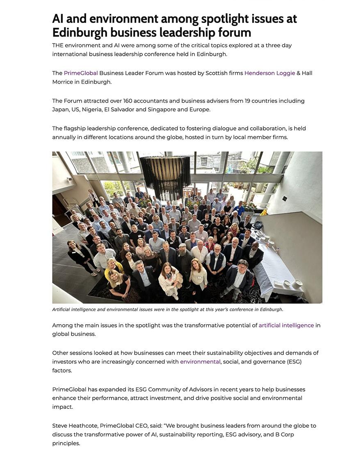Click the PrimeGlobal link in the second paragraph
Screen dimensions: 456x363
click(81, 73)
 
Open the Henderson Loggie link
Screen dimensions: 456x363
click(269, 73)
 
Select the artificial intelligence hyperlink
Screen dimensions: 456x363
click(286, 325)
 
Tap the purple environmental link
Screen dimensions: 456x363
click(200, 362)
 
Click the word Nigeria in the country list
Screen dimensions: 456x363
click(92, 109)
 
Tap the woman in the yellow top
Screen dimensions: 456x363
click(112, 267)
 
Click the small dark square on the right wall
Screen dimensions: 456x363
click(285, 199)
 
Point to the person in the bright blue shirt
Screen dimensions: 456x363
click(240, 208)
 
